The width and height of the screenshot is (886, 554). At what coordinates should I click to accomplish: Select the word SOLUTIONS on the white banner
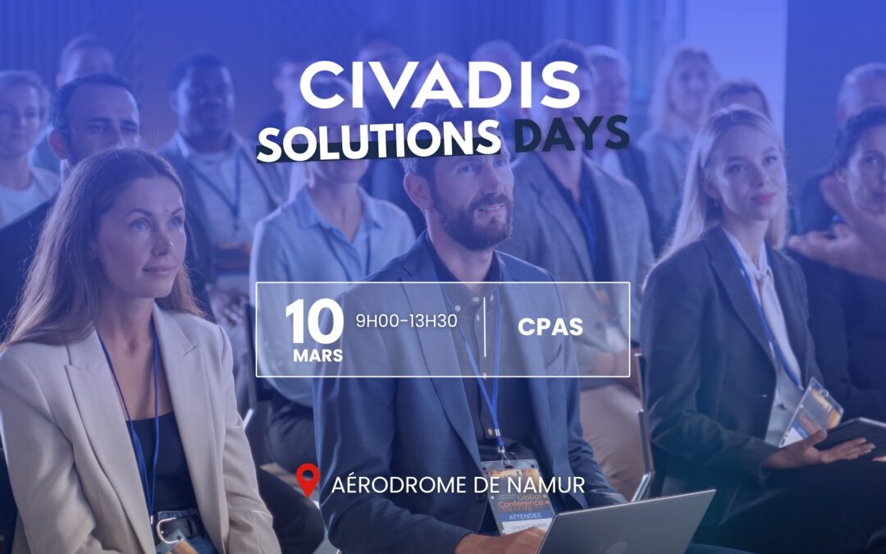pyautogui.click(x=378, y=139)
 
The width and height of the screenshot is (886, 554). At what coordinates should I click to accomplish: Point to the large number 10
pyautogui.click(x=314, y=323)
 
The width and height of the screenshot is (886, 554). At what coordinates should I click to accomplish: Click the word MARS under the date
pyautogui.click(x=318, y=356)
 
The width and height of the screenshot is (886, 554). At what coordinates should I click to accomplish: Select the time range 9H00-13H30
pyautogui.click(x=406, y=319)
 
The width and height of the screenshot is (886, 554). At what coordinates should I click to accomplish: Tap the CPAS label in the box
pyautogui.click(x=550, y=327)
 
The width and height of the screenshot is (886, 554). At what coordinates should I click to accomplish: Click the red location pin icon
pyautogui.click(x=308, y=481)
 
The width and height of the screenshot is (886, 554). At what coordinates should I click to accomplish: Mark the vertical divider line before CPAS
pyautogui.click(x=486, y=327)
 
